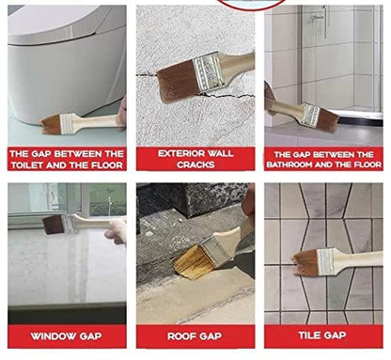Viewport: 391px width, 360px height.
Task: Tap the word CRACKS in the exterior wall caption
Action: tap(195, 164)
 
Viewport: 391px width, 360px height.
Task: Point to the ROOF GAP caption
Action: tap(195, 336)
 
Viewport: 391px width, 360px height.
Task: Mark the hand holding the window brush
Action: tap(116, 230)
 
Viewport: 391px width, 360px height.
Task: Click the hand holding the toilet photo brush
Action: tap(122, 113)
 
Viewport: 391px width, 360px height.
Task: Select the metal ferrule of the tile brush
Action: tap(328, 260)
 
